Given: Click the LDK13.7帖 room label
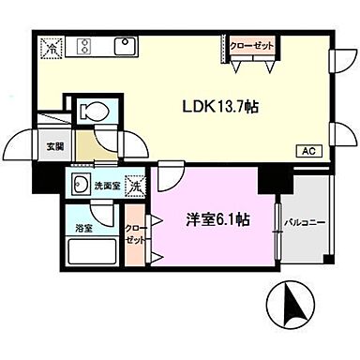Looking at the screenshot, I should point(220,106).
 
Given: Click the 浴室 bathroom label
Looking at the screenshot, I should point(83,227).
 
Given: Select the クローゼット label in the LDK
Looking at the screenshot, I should point(251,44).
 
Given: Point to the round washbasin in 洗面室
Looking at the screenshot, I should point(81,185).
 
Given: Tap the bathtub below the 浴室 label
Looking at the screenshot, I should point(90,255).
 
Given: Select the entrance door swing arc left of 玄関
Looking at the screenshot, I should point(21,146).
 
